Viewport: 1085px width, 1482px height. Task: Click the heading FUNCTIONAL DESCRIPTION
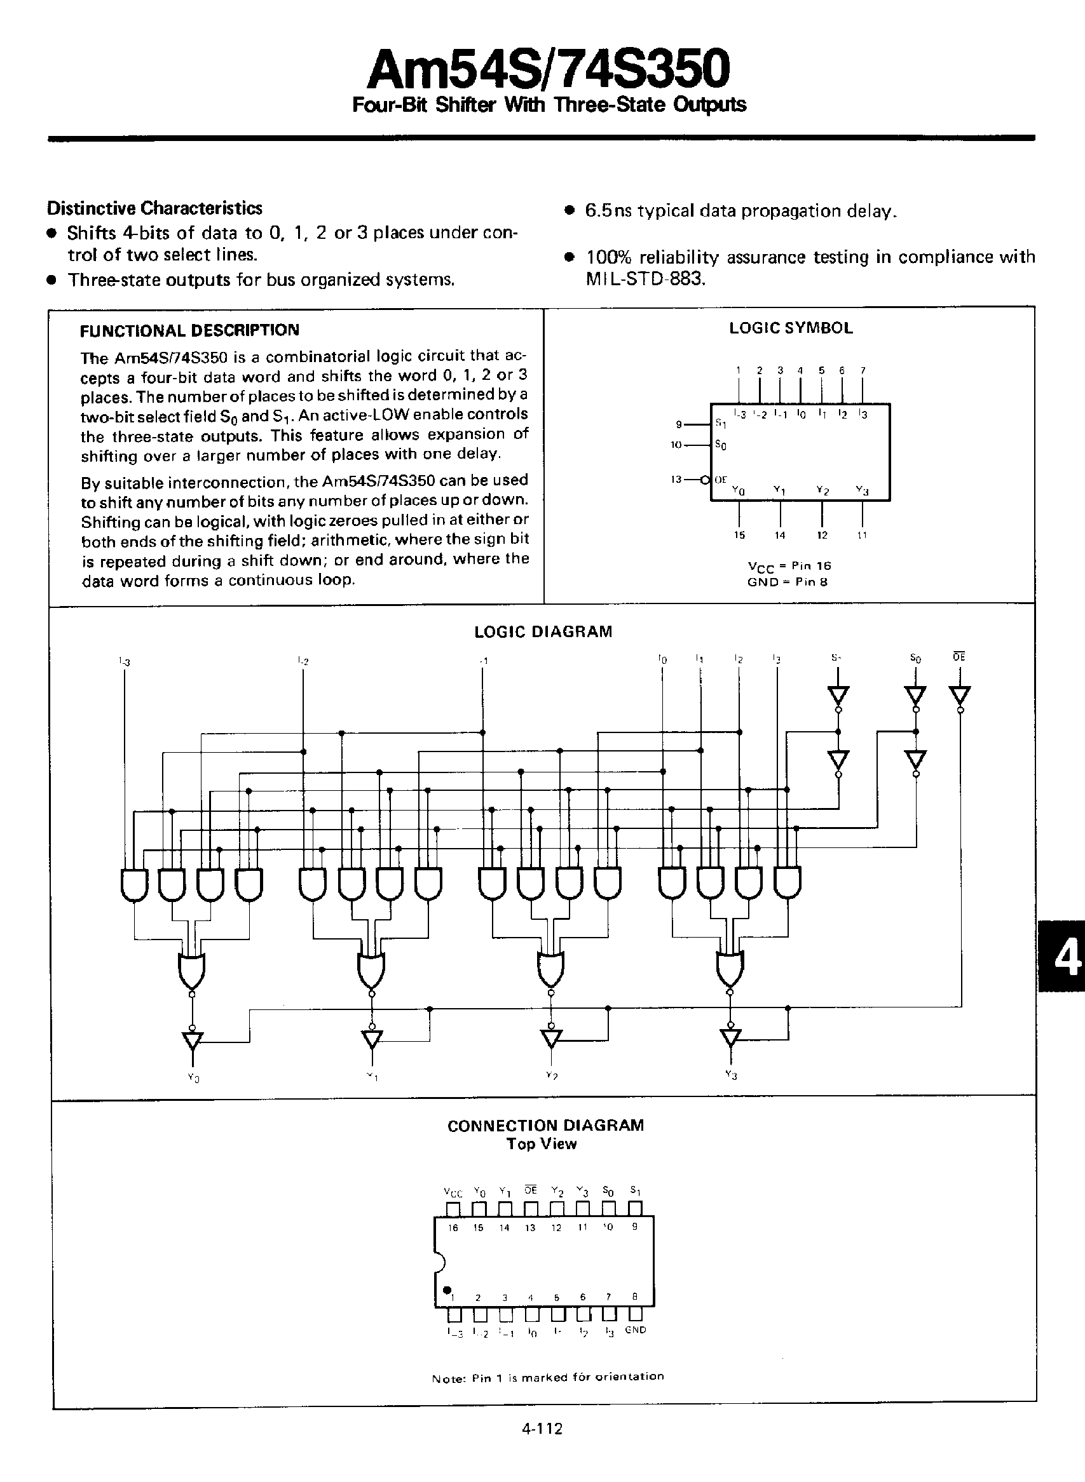(x=189, y=330)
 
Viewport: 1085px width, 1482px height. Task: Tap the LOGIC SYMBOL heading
(x=791, y=328)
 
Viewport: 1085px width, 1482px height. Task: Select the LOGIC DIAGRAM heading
(x=543, y=631)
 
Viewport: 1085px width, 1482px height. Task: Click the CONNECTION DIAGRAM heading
(x=545, y=1125)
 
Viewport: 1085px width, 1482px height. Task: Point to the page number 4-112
(x=543, y=1428)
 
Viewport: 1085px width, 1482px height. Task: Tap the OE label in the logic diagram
(x=959, y=656)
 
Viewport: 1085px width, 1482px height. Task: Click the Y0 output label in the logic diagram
(x=193, y=1078)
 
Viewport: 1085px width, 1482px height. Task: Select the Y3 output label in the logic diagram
(x=731, y=1075)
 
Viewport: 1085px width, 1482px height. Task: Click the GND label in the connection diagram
(x=635, y=1329)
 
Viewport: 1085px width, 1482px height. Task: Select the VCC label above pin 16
(x=453, y=1192)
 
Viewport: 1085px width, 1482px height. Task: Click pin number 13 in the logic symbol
(x=676, y=480)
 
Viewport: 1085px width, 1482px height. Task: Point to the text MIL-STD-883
(x=645, y=279)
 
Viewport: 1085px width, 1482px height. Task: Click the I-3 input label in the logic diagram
(x=124, y=661)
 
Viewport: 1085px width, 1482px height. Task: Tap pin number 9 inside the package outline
(x=634, y=1227)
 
